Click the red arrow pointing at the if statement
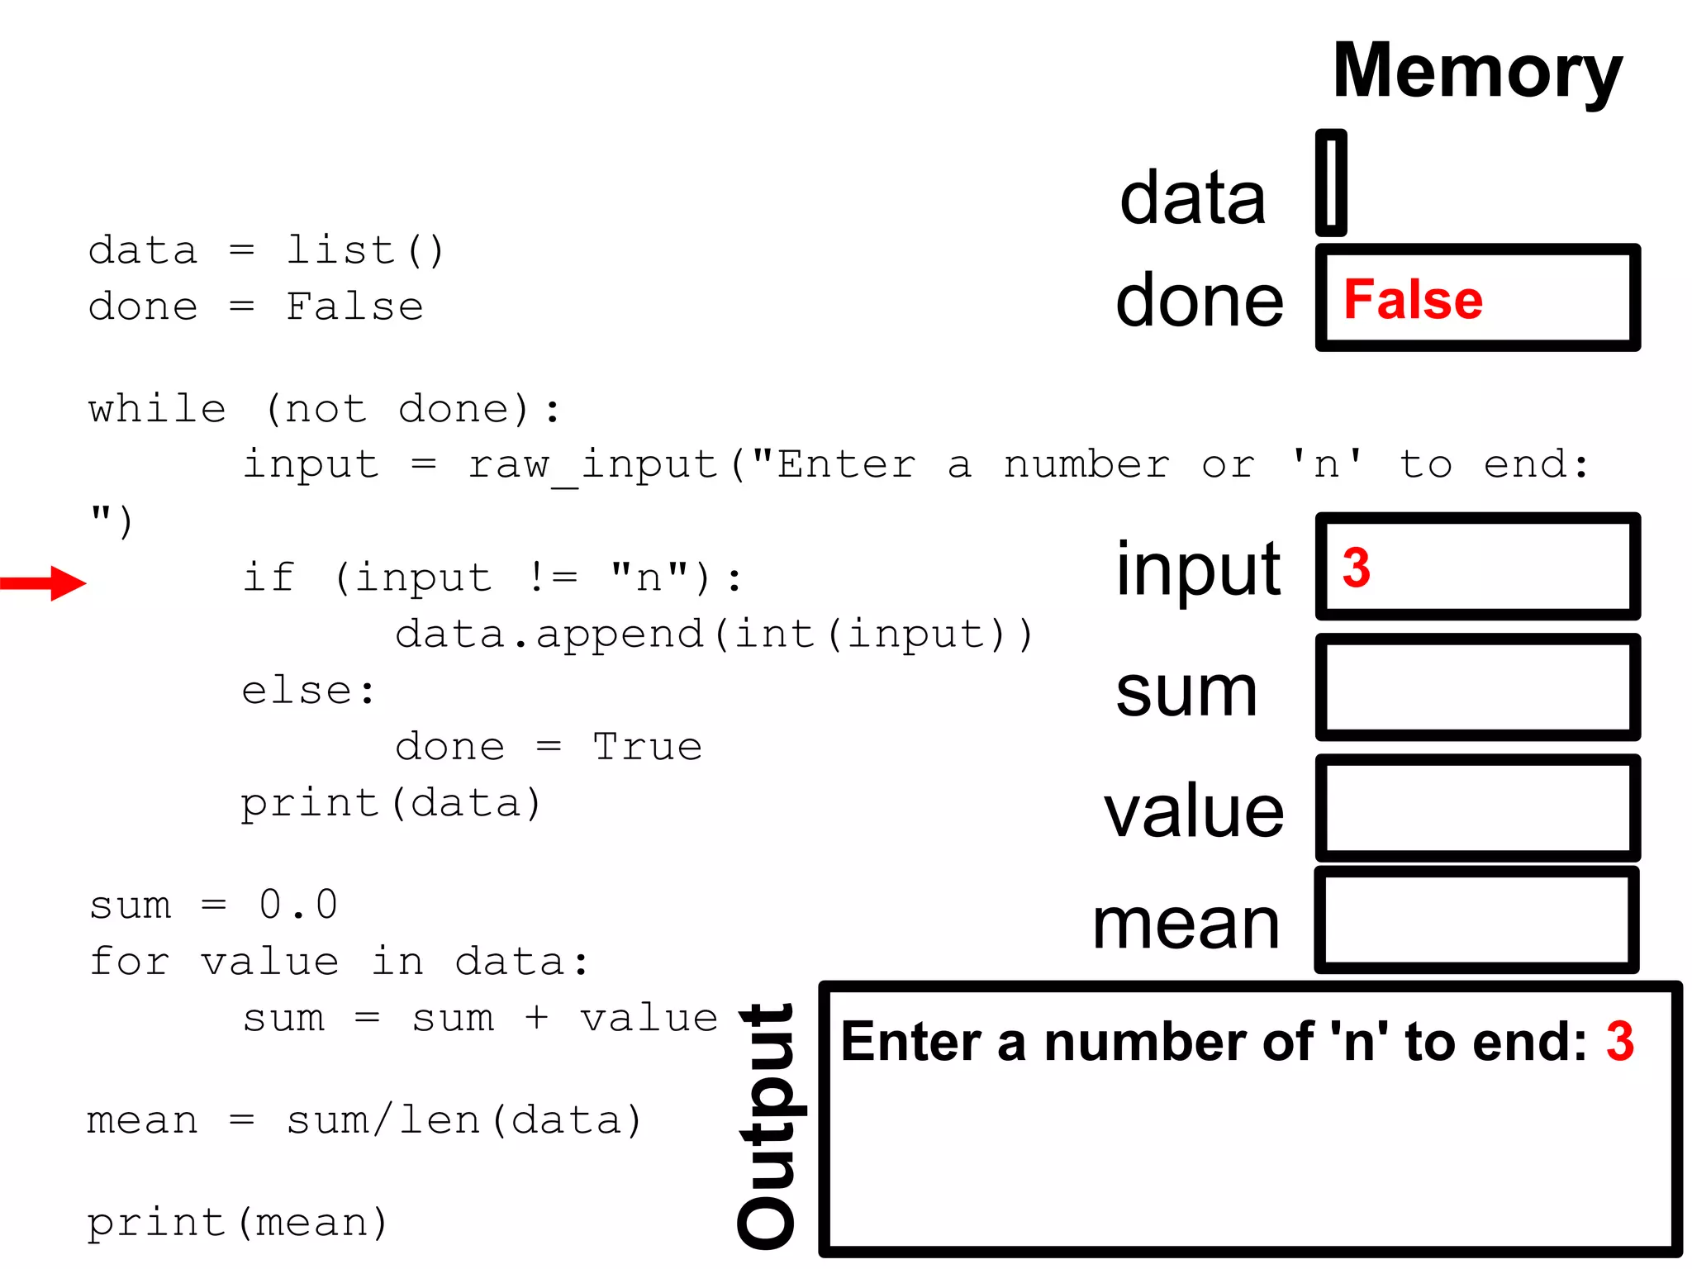pyautogui.click(x=43, y=583)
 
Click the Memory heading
pyautogui.click(x=1477, y=73)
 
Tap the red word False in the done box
pyautogui.click(x=1413, y=299)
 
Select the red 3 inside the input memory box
pyautogui.click(x=1357, y=568)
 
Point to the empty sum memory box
pyautogui.click(x=1477, y=687)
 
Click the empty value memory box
pyautogui.click(x=1477, y=808)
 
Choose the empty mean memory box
pyautogui.click(x=1477, y=920)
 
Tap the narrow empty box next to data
pyautogui.click(x=1331, y=183)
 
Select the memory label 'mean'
pyautogui.click(x=1186, y=925)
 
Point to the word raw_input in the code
pyautogui.click(x=593, y=465)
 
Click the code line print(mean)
pyautogui.click(x=237, y=1223)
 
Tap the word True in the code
pyautogui.click(x=648, y=747)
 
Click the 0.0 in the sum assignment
pyautogui.click(x=298, y=905)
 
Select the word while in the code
pyautogui.click(x=157, y=409)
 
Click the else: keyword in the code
pyautogui.click(x=309, y=691)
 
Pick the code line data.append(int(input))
pyautogui.click(x=714, y=634)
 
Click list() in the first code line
pyautogui.click(x=365, y=250)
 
